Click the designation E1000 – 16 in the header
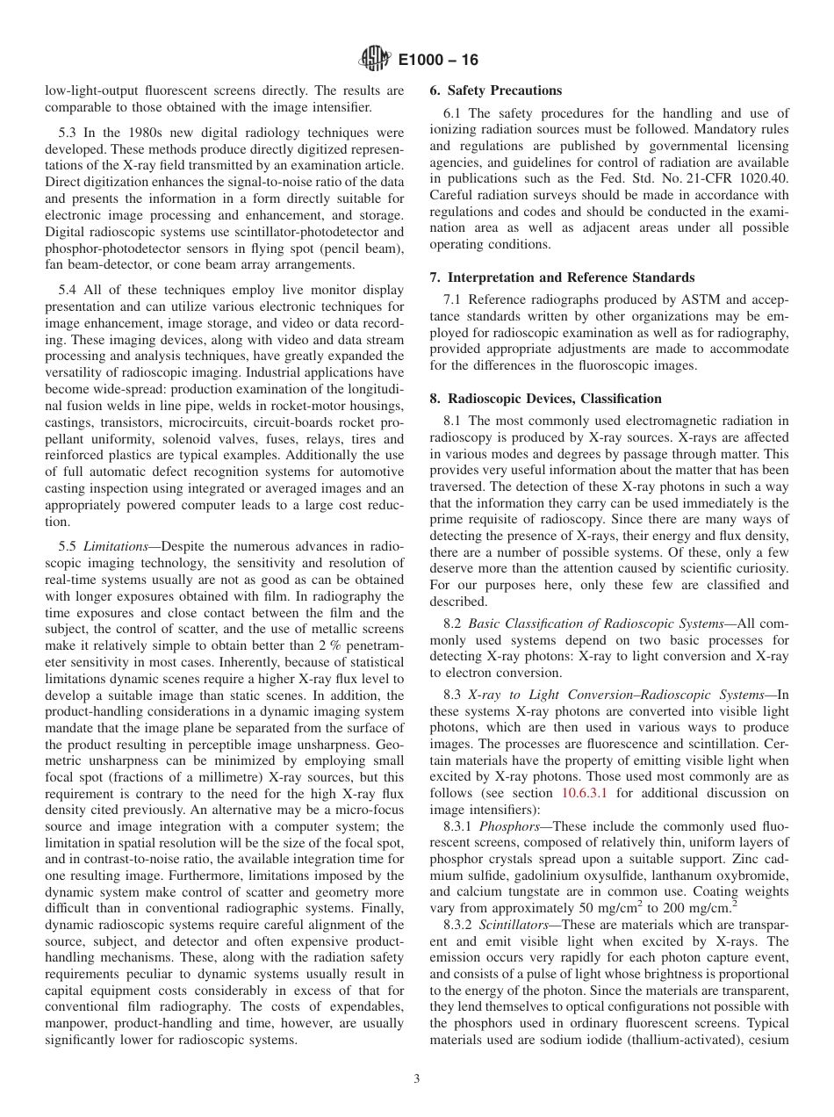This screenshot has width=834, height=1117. tap(438, 61)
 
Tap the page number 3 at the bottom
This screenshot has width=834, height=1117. tap(417, 1079)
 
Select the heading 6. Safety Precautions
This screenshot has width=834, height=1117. tap(495, 90)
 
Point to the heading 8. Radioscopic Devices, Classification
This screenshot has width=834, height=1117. tap(545, 398)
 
